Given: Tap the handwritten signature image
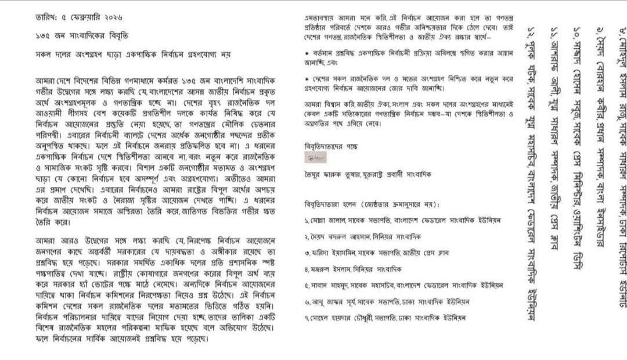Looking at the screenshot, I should point(315,157).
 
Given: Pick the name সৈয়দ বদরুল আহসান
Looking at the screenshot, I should point(339,237).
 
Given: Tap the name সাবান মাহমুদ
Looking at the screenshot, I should point(331,286).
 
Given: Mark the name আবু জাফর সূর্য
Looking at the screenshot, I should point(333,302).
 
